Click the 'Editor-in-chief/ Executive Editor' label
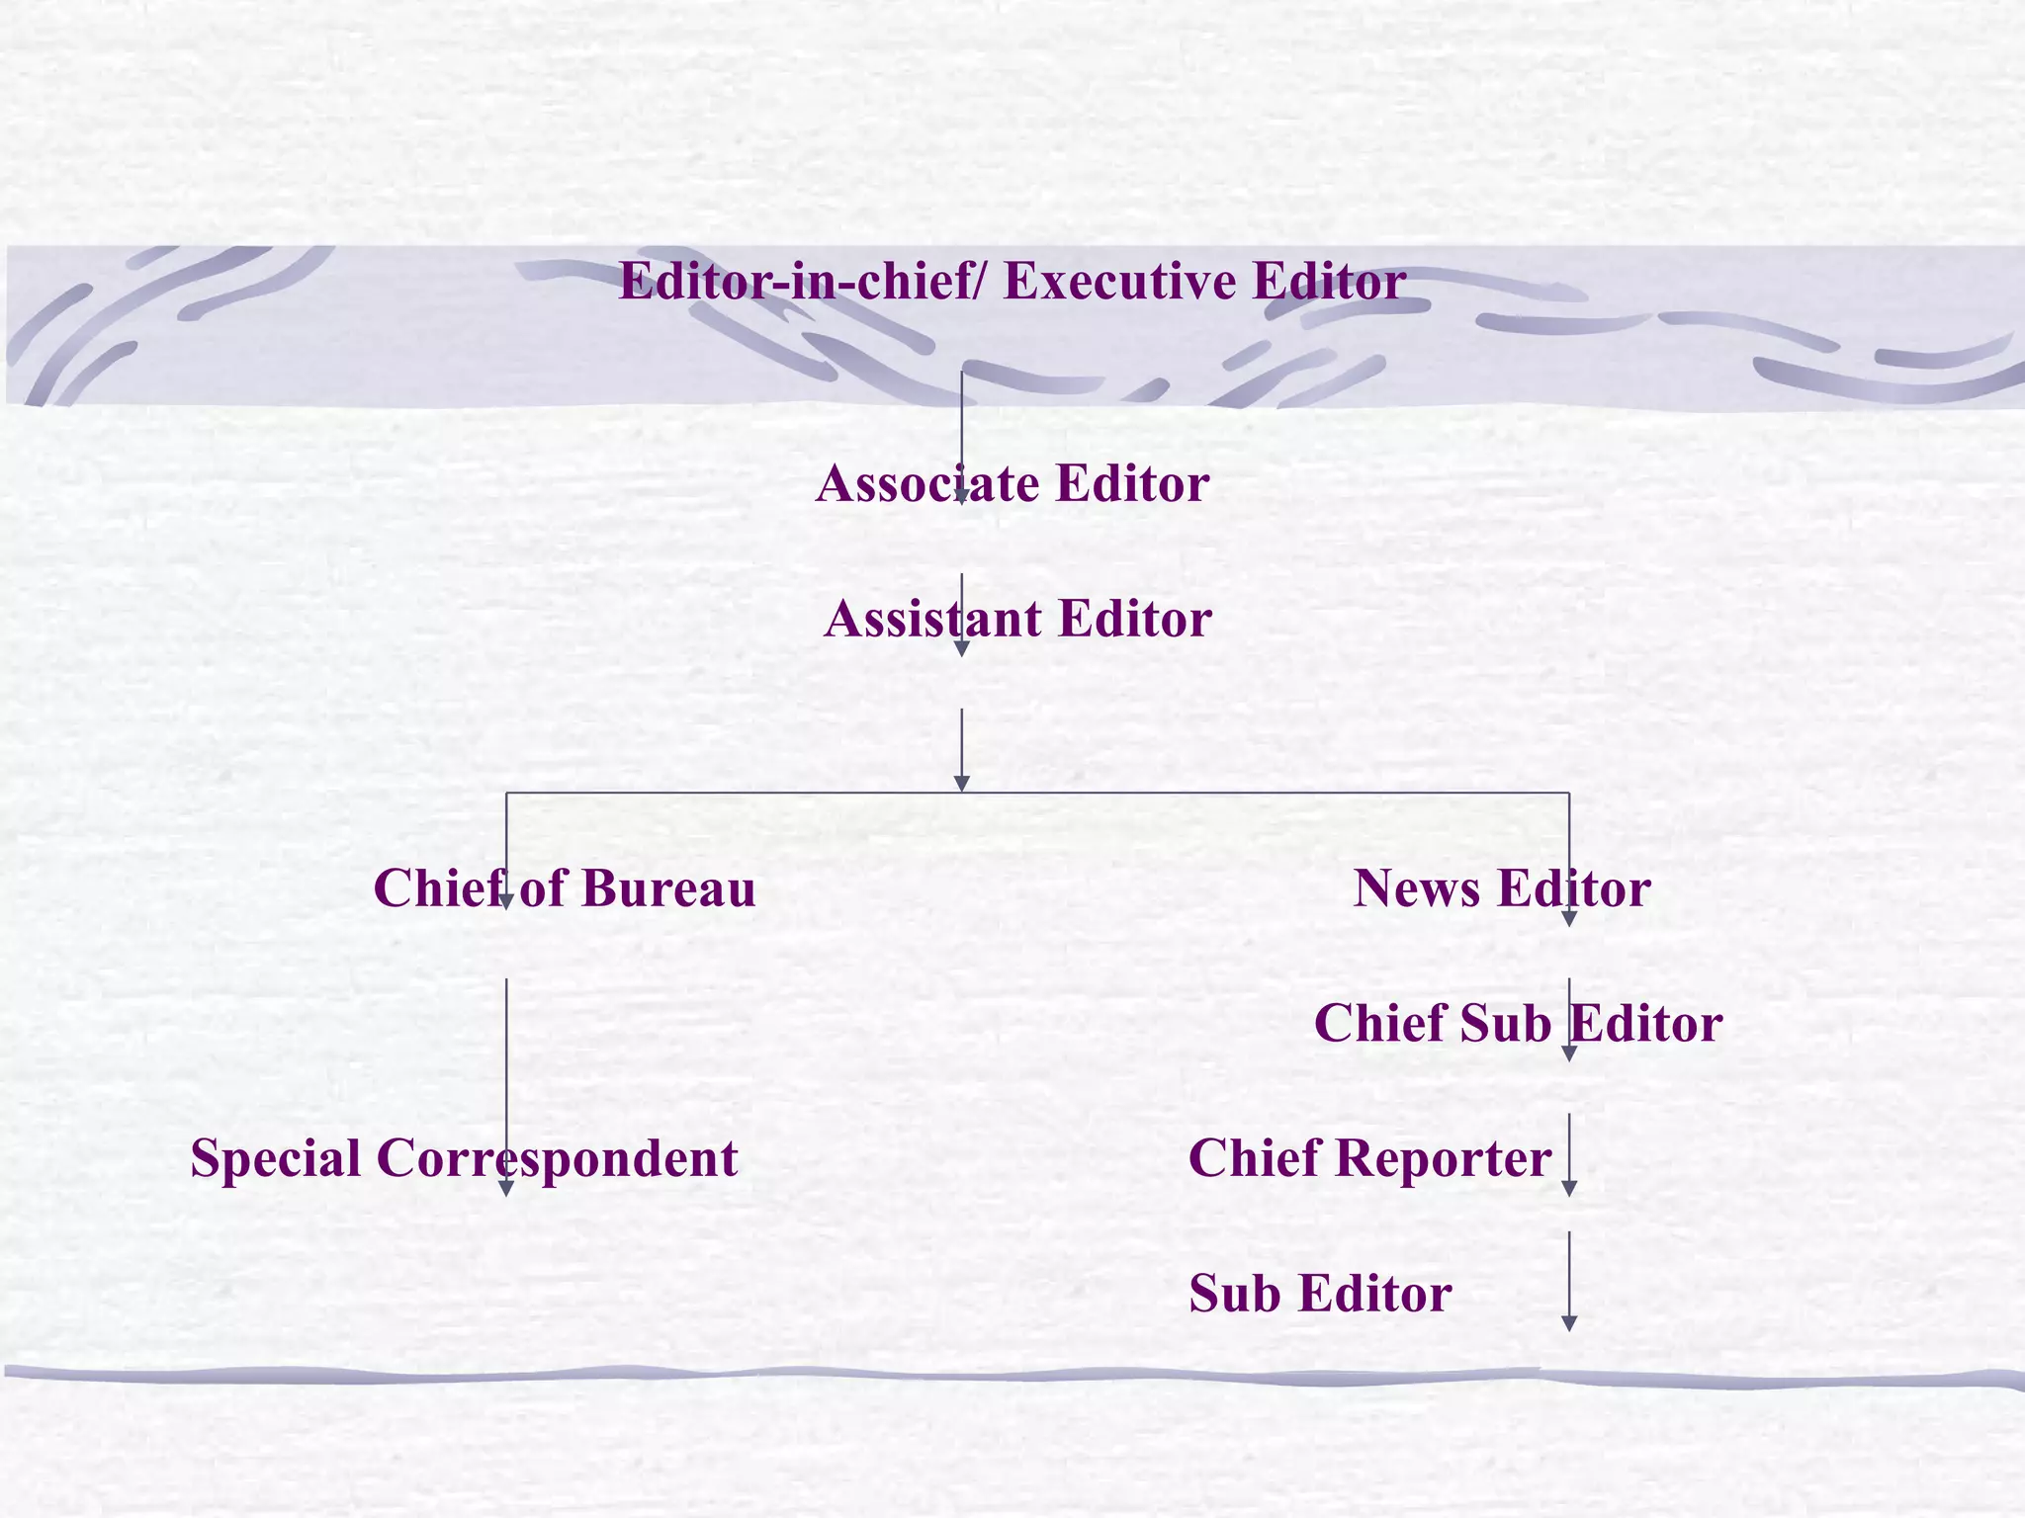coord(1012,282)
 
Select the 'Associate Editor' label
coord(1012,484)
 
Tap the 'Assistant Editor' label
coord(1017,620)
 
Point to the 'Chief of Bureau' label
coord(565,888)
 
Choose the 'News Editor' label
coord(1501,888)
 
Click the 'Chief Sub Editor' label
coord(1518,1024)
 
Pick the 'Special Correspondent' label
coord(464,1158)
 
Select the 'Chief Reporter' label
coord(1369,1158)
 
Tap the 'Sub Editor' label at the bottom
coord(1320,1294)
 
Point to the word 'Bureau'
coord(668,888)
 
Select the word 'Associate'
coord(927,484)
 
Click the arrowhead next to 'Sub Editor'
coord(1569,1323)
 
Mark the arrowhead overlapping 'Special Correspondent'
coord(506,1188)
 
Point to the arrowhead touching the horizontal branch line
coord(961,784)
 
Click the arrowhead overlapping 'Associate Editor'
coord(961,497)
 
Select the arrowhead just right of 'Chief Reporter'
coord(1569,1188)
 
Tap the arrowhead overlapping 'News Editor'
coord(1569,918)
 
